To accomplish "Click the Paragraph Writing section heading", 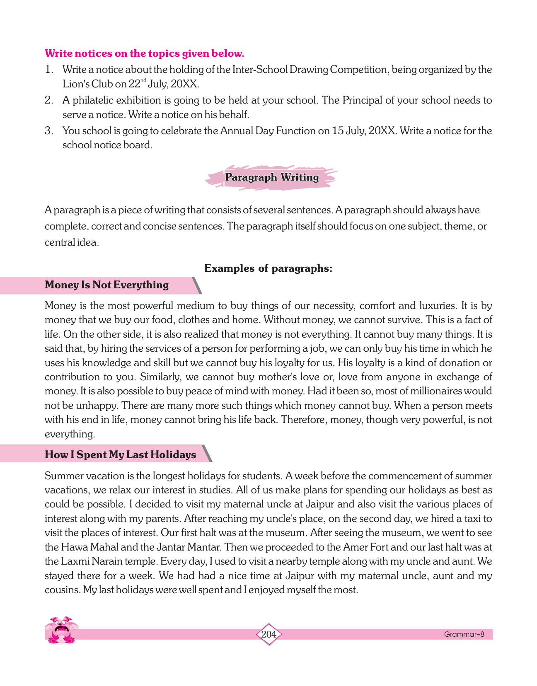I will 272,177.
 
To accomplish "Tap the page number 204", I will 268,634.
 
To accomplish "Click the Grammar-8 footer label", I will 464,634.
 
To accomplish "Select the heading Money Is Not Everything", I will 106,285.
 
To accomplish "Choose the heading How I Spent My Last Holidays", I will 120,454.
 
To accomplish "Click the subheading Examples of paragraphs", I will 268,268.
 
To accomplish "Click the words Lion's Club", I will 88,84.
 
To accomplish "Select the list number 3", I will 48,131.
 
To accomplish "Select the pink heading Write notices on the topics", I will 144,53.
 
